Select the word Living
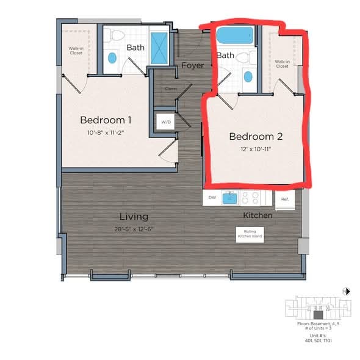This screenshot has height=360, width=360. [x=133, y=217]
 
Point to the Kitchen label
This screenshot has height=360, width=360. [x=257, y=215]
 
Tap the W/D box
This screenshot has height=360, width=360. [x=166, y=121]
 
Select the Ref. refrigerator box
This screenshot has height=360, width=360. [x=285, y=198]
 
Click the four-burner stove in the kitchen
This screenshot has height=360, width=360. [x=251, y=198]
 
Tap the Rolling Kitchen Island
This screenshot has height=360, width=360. [x=250, y=233]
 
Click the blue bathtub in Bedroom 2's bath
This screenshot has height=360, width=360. [x=235, y=36]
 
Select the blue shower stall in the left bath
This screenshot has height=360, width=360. [x=160, y=46]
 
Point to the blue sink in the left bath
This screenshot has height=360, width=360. [x=112, y=58]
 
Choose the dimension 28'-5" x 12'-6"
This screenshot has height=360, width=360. [x=133, y=229]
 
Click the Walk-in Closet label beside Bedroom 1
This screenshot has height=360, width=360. [x=76, y=51]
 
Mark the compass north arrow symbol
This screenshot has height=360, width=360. [x=346, y=291]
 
